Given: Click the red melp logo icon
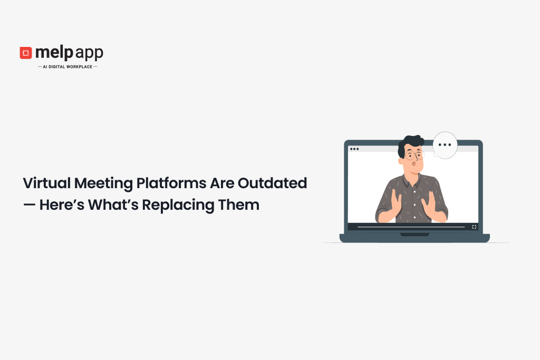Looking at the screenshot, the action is coord(26,53).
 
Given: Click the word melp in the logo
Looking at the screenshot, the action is coord(54,53).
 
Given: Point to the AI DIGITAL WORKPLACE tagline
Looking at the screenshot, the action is coord(67,67).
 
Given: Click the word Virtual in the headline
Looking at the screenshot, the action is coord(47,183).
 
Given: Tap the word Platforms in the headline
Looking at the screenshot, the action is coord(171,183).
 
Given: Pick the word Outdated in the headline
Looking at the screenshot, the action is coord(273,183).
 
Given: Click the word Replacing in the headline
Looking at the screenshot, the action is coord(178,206).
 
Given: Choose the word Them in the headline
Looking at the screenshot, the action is coord(239,205).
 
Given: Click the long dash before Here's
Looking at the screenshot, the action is coord(30,205).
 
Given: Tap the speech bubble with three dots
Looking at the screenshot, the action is coord(445,145).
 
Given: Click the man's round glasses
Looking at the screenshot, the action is coord(414,155).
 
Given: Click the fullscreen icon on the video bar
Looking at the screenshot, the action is coord(474,227).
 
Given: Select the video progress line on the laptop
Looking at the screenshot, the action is coord(411,227).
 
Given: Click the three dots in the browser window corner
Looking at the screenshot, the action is coord(354,149).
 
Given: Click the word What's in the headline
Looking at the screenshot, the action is coord(113,205).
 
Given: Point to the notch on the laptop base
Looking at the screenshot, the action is coord(414,235).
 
